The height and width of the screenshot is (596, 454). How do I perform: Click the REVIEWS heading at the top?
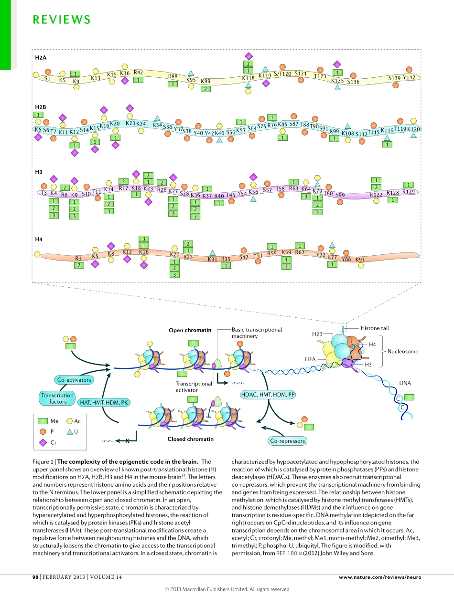(62, 20)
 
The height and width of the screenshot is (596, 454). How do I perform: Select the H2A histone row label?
(41, 57)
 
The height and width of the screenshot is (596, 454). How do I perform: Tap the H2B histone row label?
(41, 107)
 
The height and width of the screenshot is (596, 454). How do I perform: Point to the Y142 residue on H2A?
(409, 78)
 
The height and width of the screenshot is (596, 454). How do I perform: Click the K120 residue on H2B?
(414, 129)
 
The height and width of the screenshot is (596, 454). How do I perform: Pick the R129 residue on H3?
(409, 191)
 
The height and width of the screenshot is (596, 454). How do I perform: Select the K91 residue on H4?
(360, 260)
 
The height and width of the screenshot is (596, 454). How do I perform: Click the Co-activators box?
(74, 380)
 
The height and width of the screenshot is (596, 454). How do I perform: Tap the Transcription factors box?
(57, 398)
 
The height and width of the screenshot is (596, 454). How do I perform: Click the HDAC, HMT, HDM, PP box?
(268, 395)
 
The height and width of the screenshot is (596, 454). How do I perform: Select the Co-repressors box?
(287, 441)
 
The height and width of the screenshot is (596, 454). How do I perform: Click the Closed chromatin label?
(190, 439)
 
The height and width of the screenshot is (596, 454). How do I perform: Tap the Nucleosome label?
(402, 351)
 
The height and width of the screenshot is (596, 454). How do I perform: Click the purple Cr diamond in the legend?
(43, 443)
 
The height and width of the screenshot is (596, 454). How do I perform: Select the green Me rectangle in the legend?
(43, 421)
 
